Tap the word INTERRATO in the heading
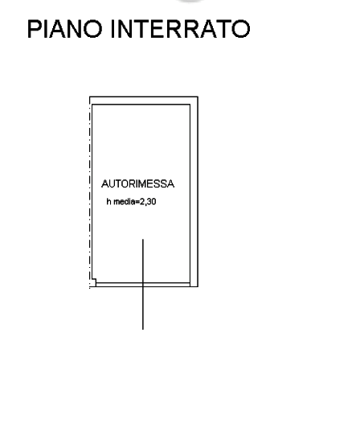[181, 29]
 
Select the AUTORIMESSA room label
[137, 183]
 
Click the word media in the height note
[125, 202]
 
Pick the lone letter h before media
[108, 202]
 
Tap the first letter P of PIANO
[34, 29]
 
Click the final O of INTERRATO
[241, 29]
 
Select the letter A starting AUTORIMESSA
[105, 183]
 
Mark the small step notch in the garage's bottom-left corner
[94, 282]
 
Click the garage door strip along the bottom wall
[143, 285]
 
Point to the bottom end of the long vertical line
[143, 330]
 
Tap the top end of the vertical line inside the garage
[143, 240]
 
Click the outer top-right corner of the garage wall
[198, 97]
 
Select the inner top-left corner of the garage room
[92, 105]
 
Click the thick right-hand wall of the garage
[194, 192]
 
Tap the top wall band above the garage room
[144, 101]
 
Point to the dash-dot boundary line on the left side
[90, 193]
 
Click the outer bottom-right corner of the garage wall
[198, 286]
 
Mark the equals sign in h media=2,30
[137, 202]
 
